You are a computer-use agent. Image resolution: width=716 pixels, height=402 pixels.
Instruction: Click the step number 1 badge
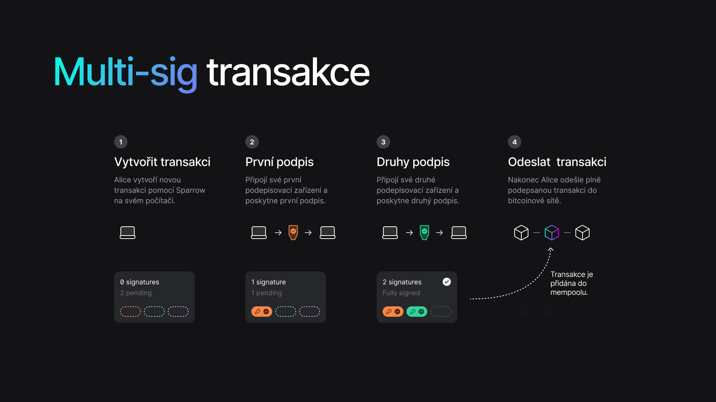click(121, 142)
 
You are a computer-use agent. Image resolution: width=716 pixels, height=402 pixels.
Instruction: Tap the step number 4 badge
click(515, 142)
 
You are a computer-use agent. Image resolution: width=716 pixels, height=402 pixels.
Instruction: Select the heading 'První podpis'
click(279, 162)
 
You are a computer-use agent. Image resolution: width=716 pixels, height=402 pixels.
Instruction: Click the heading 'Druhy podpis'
click(413, 162)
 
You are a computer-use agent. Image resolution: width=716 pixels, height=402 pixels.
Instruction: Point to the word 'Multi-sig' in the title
click(125, 73)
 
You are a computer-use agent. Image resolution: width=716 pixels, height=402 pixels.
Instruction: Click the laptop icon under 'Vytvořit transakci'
click(128, 233)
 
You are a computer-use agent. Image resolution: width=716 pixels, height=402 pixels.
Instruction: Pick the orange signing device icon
click(293, 233)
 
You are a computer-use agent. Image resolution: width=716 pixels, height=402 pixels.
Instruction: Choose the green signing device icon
click(424, 233)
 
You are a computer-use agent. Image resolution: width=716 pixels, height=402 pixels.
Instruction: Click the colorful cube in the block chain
click(552, 233)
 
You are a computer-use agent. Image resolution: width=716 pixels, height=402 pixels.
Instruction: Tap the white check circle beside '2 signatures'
click(447, 282)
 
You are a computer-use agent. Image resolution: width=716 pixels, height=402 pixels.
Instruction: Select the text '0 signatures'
click(139, 282)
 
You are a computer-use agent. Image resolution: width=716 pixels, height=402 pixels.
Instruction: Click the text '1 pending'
click(267, 293)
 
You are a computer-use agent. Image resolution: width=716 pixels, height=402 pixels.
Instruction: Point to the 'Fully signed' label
click(401, 293)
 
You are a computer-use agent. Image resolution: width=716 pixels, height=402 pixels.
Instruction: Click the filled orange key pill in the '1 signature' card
click(262, 312)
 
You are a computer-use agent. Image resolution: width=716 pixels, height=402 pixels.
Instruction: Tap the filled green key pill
click(417, 312)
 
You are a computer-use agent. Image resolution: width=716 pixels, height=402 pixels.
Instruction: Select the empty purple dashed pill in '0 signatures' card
click(178, 312)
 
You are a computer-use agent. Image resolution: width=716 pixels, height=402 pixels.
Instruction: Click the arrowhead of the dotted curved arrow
click(551, 249)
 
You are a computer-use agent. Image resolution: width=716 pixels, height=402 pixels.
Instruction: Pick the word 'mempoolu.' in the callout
click(569, 292)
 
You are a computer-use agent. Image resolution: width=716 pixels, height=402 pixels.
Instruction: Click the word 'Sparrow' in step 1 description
click(191, 190)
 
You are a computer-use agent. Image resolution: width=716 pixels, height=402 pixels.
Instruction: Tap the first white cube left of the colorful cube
click(521, 233)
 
